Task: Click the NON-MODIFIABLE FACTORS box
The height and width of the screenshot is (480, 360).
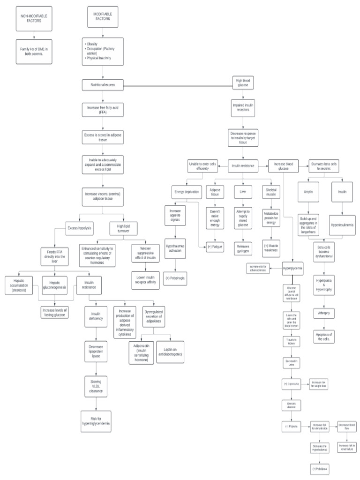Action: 34,18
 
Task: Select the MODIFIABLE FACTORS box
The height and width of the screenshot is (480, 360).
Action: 103,17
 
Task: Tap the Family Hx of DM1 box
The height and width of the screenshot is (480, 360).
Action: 34,51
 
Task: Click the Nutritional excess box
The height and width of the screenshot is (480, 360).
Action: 103,85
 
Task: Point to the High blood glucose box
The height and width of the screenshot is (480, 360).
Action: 243,83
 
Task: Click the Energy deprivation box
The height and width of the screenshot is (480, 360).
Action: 185,192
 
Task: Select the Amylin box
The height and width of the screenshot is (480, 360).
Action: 308,192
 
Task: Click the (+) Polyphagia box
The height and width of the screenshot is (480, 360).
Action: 175,278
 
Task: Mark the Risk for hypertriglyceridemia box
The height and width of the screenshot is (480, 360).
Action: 96,420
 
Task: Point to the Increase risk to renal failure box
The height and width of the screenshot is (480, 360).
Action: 347,447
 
